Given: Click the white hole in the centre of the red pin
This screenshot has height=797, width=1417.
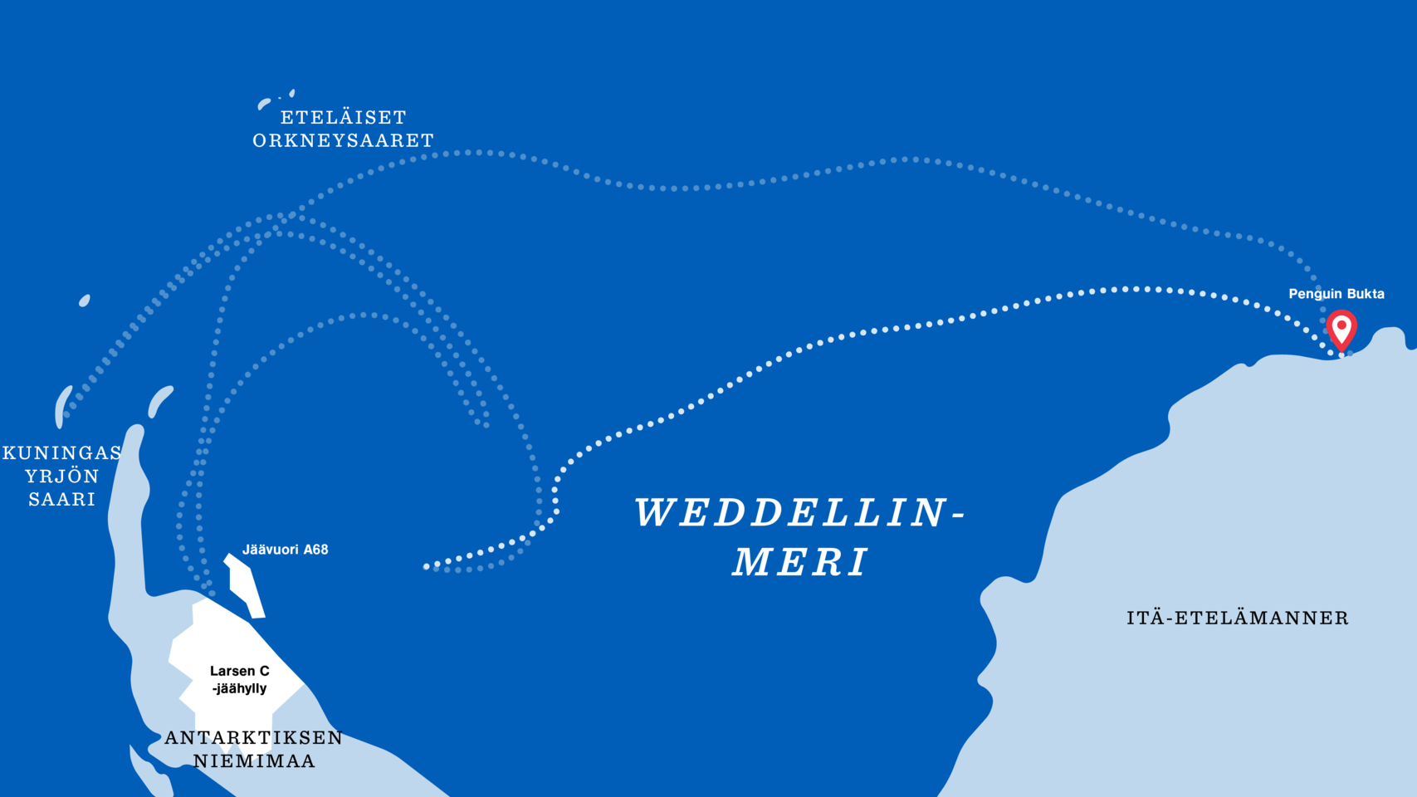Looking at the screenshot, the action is click(x=1341, y=325).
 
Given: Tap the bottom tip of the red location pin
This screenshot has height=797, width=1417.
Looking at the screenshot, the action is click(x=1341, y=352).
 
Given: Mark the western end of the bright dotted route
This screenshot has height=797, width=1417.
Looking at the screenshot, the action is click(x=427, y=567).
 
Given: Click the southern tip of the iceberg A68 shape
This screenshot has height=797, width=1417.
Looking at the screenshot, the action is click(x=259, y=618).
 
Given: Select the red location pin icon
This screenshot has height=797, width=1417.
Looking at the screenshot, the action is click(x=1341, y=330).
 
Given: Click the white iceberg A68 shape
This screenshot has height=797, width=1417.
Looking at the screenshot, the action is click(x=246, y=585).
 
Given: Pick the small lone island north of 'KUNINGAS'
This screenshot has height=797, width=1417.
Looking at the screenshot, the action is click(x=84, y=301).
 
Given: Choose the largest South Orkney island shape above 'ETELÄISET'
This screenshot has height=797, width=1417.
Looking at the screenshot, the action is click(x=264, y=104).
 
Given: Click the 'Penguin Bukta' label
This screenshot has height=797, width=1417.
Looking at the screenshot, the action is click(x=1336, y=294).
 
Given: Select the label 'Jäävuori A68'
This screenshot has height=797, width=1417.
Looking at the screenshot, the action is click(x=286, y=550).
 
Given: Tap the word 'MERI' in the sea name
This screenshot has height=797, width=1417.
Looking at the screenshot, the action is click(x=800, y=562).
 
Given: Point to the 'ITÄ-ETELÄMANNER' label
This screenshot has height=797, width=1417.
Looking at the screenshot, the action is click(x=1238, y=618).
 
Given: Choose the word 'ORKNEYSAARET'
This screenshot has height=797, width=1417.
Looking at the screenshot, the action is click(x=344, y=140).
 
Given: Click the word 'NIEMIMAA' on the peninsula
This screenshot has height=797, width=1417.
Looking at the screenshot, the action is click(x=254, y=761).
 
